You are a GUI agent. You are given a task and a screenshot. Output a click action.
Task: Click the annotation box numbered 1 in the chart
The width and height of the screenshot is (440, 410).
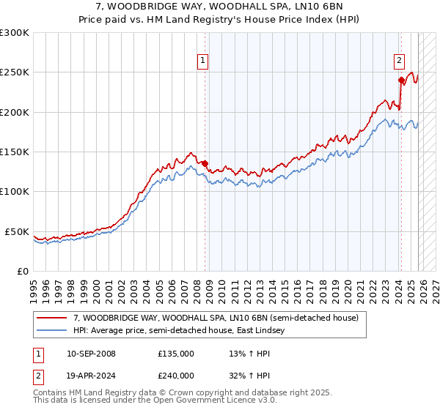click(x=202, y=62)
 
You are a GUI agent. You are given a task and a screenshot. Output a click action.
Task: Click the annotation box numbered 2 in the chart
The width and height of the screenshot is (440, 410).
click(x=399, y=62)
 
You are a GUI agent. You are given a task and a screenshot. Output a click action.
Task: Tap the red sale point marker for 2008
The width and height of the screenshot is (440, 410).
click(x=205, y=163)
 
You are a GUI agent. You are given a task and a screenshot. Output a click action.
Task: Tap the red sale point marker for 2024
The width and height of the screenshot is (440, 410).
click(x=401, y=81)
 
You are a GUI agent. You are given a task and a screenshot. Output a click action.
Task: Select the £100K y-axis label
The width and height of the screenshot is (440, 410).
click(x=15, y=192)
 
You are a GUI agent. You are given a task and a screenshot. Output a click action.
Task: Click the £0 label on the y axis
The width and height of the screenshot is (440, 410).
click(x=22, y=271)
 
